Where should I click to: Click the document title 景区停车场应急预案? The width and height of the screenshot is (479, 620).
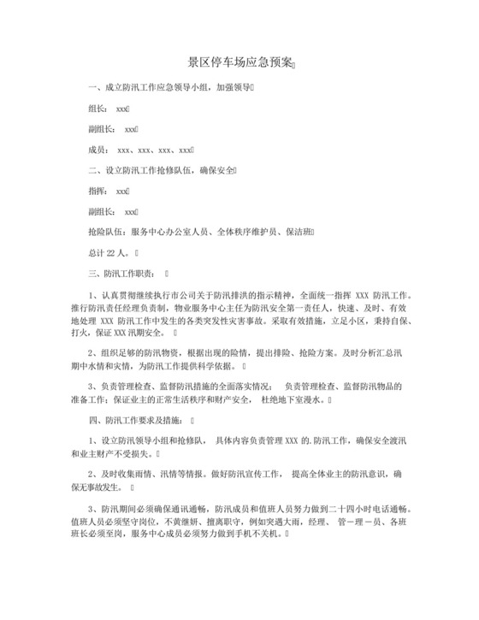click(239, 63)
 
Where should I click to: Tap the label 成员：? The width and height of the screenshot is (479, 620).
click(101, 150)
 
